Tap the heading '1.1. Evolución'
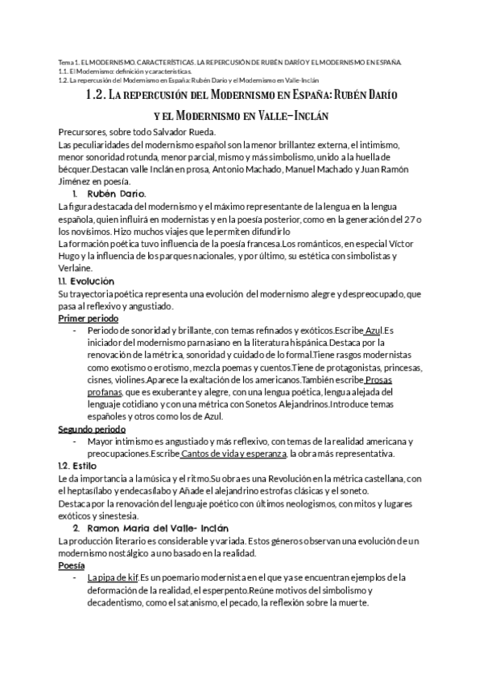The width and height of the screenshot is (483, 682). pos(87,281)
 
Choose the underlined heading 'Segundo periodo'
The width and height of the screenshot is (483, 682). pos(93,429)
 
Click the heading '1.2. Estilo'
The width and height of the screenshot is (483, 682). pos(77,466)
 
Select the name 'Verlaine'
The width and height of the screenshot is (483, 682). pos(76,269)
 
